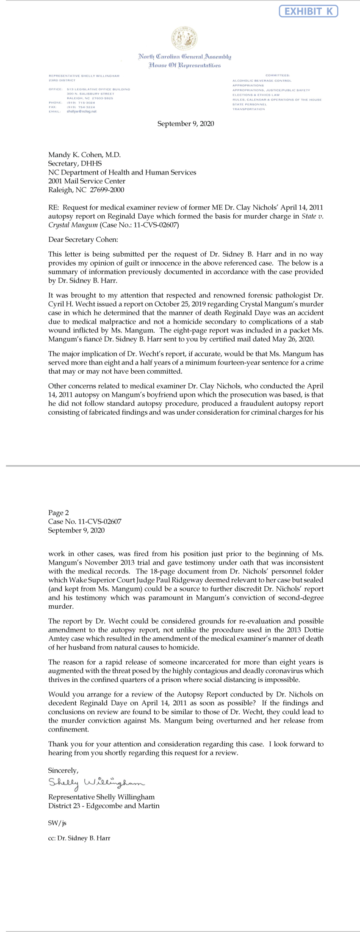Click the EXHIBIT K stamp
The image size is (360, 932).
(308, 11)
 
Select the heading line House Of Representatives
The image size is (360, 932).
(184, 65)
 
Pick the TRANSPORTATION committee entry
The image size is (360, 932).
(249, 109)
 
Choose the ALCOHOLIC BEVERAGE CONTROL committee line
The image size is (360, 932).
(262, 80)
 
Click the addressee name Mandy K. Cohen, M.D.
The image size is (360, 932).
(85, 155)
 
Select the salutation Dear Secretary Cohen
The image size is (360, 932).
(83, 240)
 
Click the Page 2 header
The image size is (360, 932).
(58, 513)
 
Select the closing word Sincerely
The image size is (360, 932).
(63, 771)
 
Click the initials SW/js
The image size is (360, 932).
(57, 824)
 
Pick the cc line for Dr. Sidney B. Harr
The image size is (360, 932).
(79, 838)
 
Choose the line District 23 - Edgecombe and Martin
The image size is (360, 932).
(104, 806)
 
